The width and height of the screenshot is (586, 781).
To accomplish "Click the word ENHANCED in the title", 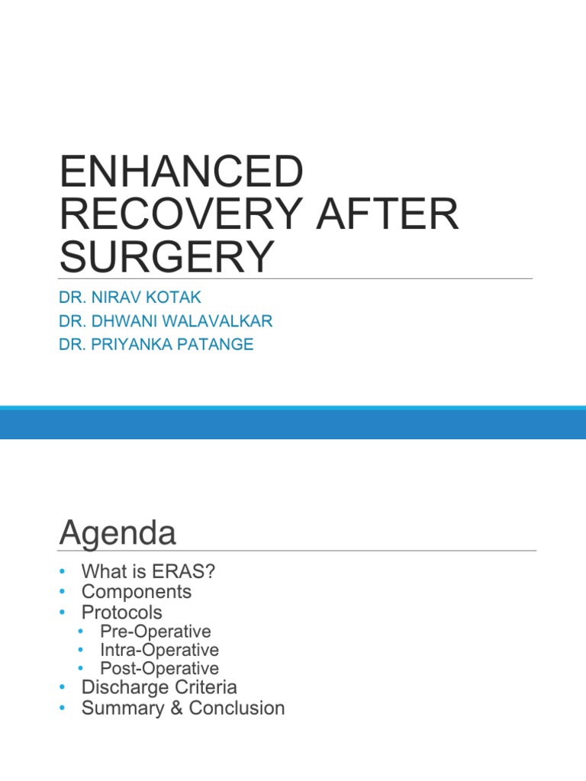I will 181,172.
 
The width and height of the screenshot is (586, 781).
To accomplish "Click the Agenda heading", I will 117,532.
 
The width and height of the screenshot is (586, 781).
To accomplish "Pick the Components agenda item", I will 137,592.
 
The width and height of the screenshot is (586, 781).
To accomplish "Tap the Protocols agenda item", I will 122,612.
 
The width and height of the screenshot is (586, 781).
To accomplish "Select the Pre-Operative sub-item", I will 155,632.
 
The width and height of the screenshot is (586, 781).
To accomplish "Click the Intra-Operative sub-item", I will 159,650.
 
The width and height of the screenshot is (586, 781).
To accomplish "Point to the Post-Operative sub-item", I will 159,669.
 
